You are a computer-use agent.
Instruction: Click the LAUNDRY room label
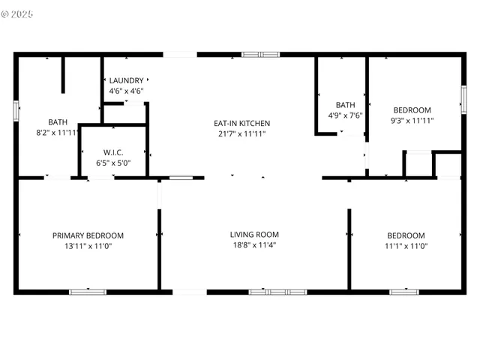click(126, 81)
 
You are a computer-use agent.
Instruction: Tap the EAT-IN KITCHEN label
click(241, 124)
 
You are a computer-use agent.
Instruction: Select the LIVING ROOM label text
click(254, 235)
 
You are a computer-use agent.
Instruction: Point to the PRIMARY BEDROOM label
click(88, 235)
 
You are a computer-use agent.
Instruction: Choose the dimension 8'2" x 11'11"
click(58, 133)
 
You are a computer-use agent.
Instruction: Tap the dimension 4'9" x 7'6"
click(345, 115)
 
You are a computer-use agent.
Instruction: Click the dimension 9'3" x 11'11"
click(412, 120)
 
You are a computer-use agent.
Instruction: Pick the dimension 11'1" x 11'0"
click(405, 245)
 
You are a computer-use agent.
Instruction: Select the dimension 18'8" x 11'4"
click(254, 245)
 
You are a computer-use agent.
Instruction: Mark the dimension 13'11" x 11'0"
click(88, 246)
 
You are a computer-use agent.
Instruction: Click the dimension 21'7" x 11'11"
click(241, 134)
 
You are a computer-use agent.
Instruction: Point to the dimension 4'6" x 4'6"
click(126, 91)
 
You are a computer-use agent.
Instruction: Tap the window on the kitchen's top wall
click(260, 54)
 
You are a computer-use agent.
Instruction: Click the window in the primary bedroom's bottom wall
click(88, 292)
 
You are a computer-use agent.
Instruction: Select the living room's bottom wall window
click(277, 292)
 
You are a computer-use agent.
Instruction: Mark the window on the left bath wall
click(16, 109)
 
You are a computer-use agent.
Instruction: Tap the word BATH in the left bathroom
click(58, 122)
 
